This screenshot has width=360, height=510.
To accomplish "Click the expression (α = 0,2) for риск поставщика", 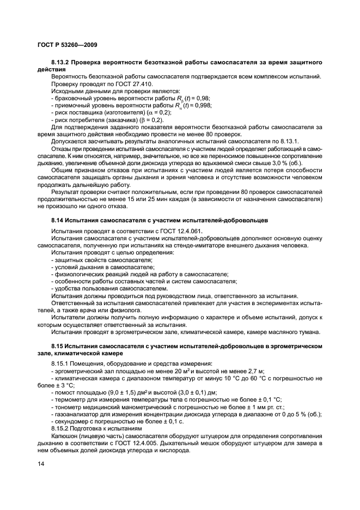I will pos(155,112).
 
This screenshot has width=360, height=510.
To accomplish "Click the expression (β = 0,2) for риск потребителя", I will pos(149,119).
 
